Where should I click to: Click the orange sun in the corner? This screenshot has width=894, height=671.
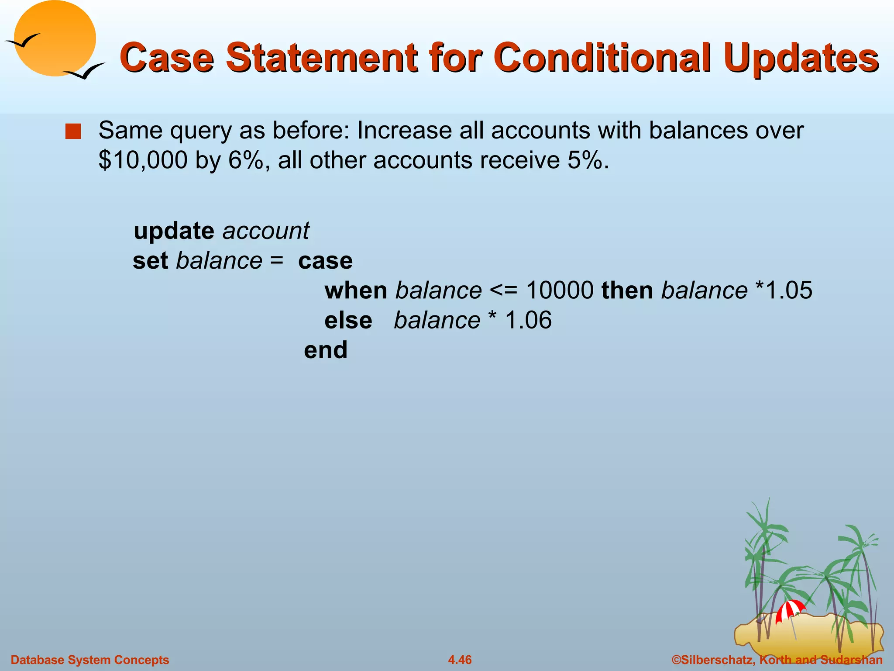[55, 38]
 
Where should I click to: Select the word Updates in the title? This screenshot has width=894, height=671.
[801, 58]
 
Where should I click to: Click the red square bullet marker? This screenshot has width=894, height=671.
[73, 131]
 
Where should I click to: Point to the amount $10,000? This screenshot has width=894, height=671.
[143, 160]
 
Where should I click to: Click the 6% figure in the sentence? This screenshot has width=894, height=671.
[246, 160]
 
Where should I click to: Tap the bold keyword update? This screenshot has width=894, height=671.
[174, 231]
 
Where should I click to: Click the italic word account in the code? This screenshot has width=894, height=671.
[265, 231]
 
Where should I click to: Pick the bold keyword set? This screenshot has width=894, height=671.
[150, 261]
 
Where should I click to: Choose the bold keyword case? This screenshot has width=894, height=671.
[325, 261]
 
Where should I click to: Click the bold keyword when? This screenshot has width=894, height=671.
[356, 291]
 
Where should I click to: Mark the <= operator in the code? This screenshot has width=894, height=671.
[503, 291]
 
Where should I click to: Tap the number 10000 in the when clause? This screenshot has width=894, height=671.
[560, 291]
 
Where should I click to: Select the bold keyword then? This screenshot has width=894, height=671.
[627, 291]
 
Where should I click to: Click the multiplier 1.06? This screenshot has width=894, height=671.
[528, 320]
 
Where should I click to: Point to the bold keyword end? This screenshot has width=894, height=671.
[326, 350]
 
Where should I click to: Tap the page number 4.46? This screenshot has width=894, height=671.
[460, 660]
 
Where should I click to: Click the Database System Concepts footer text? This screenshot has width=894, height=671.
[90, 660]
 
